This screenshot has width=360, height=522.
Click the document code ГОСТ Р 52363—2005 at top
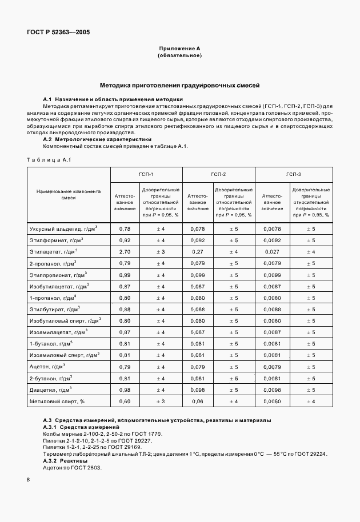[58, 33]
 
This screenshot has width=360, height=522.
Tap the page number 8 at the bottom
[28, 479]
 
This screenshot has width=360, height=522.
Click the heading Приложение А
[179, 50]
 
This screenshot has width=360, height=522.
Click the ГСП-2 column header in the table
[218, 174]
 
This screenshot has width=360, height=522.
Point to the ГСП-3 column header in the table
[293, 174]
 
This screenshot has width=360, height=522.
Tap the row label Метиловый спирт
[65, 401]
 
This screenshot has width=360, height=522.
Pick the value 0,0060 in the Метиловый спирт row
[272, 401]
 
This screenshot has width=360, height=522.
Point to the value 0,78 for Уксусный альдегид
[124, 228]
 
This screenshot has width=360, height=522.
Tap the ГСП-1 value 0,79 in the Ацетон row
[124, 367]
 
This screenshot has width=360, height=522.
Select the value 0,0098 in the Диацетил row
[272, 390]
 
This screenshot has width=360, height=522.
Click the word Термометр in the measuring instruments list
[59, 453]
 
